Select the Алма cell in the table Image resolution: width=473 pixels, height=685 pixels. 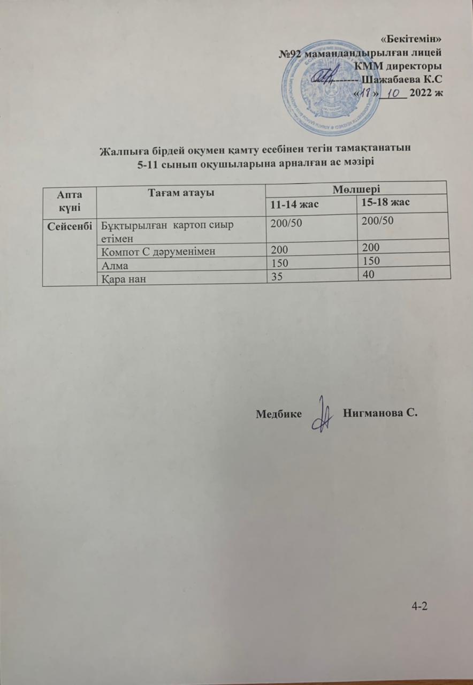point(113,262)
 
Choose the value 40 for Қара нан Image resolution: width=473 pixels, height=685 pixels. point(368,273)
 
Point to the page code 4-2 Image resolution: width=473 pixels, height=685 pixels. point(420,606)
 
